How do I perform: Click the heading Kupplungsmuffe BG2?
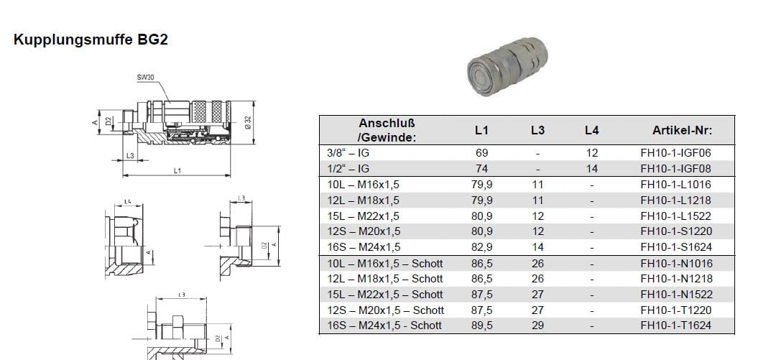pos(91,40)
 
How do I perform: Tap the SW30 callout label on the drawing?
pos(145,77)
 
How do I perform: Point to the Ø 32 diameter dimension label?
pos(249,122)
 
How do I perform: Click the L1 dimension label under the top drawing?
pos(177,170)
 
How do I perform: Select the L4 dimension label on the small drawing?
pos(127,202)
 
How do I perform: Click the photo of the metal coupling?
pos(507,66)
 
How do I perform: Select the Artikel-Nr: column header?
pos(682,130)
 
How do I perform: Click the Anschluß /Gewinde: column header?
pos(387,130)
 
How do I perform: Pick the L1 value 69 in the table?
pos(482,153)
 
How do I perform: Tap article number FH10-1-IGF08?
pos(675,169)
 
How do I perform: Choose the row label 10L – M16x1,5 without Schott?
pos(364,185)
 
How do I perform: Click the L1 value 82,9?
pos(482,247)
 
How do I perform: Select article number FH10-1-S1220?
pos(676,231)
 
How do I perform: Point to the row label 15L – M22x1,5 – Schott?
pos(385,295)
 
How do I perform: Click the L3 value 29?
pos(538,326)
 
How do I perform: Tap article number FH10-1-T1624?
pos(676,326)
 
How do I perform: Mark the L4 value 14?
pos(592,169)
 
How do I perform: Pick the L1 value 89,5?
pos(482,326)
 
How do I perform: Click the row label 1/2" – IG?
pos(348,169)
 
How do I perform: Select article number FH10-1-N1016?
pos(676,264)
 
